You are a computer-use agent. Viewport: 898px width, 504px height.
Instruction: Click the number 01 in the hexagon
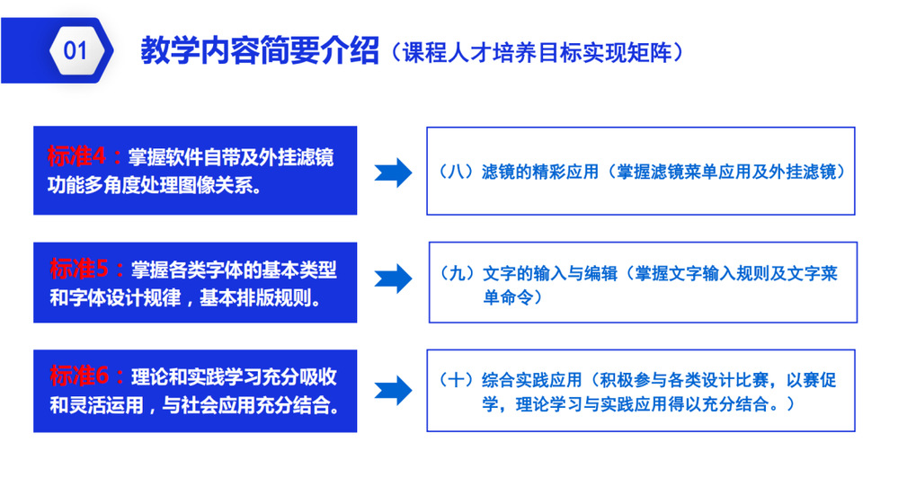75,50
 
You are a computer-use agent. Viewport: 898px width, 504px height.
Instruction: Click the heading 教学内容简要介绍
260,50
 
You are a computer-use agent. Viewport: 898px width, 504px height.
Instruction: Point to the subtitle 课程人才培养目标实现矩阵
537,53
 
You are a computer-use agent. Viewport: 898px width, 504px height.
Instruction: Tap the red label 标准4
76,156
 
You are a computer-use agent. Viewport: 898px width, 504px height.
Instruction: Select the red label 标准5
79,269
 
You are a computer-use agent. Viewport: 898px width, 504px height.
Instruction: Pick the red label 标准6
79,376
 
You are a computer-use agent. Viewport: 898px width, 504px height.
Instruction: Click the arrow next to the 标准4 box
393,172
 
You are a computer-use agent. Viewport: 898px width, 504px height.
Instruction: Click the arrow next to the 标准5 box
393,279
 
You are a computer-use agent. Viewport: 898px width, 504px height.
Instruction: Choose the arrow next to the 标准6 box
393,391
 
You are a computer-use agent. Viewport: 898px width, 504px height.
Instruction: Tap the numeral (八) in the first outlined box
456,171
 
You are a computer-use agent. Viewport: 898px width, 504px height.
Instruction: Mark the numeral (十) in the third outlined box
456,379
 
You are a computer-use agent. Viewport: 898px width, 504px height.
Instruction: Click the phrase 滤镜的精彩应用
540,171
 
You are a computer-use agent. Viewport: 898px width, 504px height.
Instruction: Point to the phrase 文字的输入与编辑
550,273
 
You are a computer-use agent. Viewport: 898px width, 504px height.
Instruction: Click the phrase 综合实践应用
531,379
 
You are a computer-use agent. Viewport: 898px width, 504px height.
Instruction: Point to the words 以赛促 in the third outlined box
811,379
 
